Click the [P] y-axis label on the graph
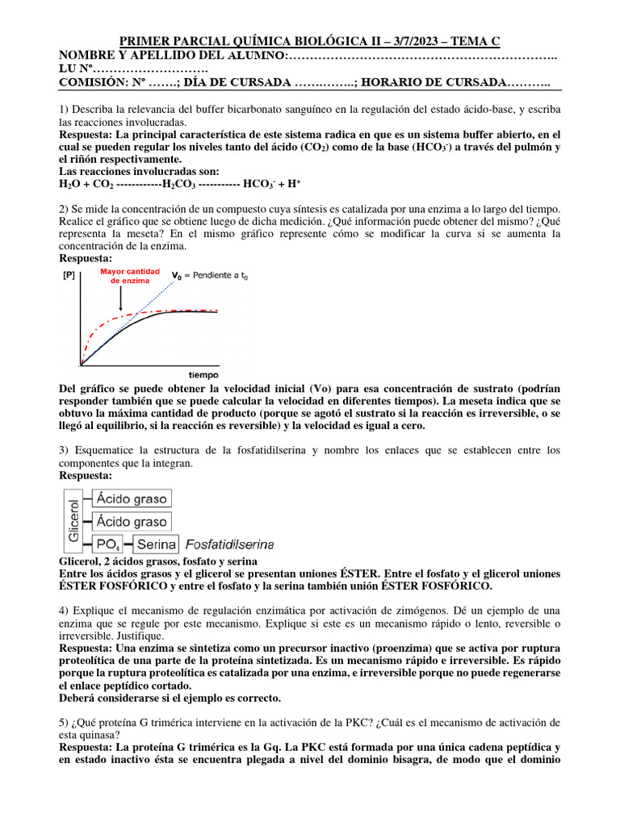(69, 275)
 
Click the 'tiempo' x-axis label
(203, 374)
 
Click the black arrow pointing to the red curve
(121, 300)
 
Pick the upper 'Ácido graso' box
(132, 499)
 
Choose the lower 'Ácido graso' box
(132, 522)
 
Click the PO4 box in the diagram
(107, 544)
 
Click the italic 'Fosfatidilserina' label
(230, 544)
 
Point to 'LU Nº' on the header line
(78, 69)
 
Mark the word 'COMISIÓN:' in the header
(89, 82)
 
